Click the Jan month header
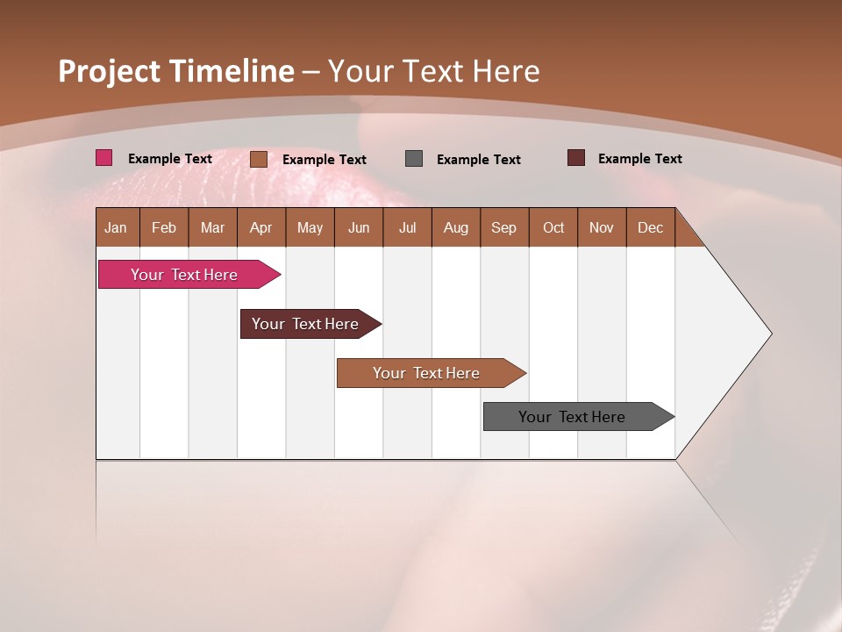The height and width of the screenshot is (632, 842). pos(116,227)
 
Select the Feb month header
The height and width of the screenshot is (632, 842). pos(164,227)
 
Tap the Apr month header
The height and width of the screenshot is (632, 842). pos(260,227)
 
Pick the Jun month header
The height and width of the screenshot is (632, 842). pos(359,227)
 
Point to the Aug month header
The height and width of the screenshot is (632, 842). pos(455,227)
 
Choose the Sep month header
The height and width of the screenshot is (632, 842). pos(503,227)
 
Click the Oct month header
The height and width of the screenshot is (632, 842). pos(553,227)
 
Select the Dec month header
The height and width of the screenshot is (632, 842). pos(650,227)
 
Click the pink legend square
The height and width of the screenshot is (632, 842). pos(103,158)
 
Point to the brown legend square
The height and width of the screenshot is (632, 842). pos(258,159)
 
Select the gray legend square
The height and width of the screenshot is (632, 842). pos(414,158)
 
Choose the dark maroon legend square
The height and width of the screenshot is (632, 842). pos(575,158)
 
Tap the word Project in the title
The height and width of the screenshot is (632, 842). pos(110,71)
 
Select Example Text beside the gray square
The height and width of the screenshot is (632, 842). pos(478,160)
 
